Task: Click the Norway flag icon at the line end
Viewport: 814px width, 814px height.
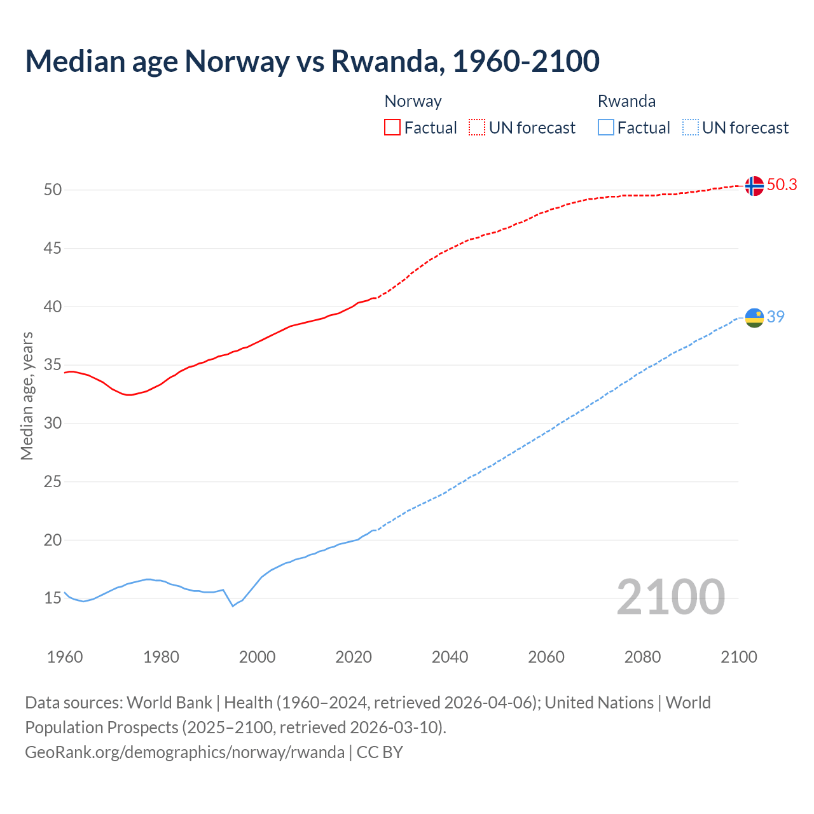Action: click(x=754, y=186)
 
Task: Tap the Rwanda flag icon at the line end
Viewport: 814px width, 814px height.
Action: click(x=754, y=317)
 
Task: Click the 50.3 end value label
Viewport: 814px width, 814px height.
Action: click(x=782, y=184)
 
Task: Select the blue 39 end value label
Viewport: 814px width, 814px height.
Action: click(x=776, y=317)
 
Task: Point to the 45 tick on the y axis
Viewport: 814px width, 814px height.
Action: click(x=53, y=248)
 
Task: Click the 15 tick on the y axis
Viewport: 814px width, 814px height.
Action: click(x=53, y=598)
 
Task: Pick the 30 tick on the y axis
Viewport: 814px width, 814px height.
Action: click(x=53, y=423)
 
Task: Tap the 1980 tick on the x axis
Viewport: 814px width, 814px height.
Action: click(x=161, y=657)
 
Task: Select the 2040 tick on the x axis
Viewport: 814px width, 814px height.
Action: click(x=450, y=657)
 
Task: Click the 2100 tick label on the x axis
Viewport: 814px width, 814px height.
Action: click(x=738, y=657)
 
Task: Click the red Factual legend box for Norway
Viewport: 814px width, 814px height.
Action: click(x=392, y=127)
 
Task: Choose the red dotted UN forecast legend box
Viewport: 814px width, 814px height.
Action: click(x=477, y=127)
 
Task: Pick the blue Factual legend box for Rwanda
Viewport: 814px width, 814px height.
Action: click(x=606, y=127)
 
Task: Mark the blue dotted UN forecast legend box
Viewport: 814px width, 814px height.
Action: click(x=690, y=127)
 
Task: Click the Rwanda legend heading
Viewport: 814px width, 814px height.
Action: click(x=626, y=101)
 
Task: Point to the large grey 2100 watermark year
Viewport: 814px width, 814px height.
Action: click(x=671, y=597)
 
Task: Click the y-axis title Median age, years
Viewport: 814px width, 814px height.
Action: click(x=27, y=396)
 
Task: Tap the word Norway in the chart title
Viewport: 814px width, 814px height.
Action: click(x=237, y=61)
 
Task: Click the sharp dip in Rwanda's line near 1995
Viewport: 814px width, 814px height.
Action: click(x=233, y=605)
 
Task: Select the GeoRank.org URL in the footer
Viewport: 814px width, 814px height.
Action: click(x=184, y=752)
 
